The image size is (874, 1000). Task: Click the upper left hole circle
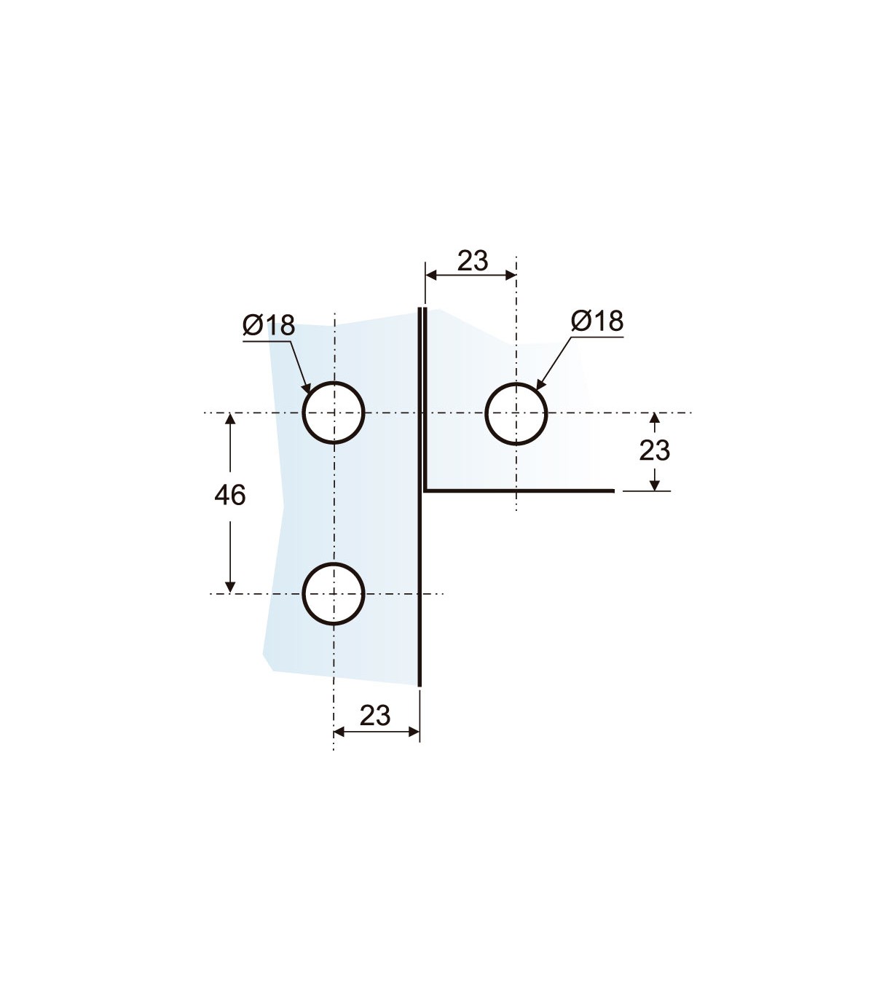point(303,413)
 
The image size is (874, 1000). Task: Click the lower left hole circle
point(303,594)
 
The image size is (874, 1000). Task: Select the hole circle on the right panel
point(485,413)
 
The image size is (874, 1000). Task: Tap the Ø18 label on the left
point(269,325)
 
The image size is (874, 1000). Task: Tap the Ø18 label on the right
point(597,321)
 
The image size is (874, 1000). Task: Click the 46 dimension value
point(230,496)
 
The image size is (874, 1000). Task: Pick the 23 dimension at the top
point(473,261)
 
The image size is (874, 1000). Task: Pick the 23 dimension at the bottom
point(375,716)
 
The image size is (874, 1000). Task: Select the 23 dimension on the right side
point(654,450)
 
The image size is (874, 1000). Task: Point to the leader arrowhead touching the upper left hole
point(307,388)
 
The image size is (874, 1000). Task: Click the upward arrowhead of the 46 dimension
point(230,418)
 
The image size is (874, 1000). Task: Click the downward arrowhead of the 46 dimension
point(230,588)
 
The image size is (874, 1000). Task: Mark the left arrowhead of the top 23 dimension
point(431,276)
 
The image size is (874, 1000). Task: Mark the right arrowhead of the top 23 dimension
point(511,276)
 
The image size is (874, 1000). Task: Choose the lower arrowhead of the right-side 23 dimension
point(655,485)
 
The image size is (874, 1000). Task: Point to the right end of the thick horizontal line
point(614,491)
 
